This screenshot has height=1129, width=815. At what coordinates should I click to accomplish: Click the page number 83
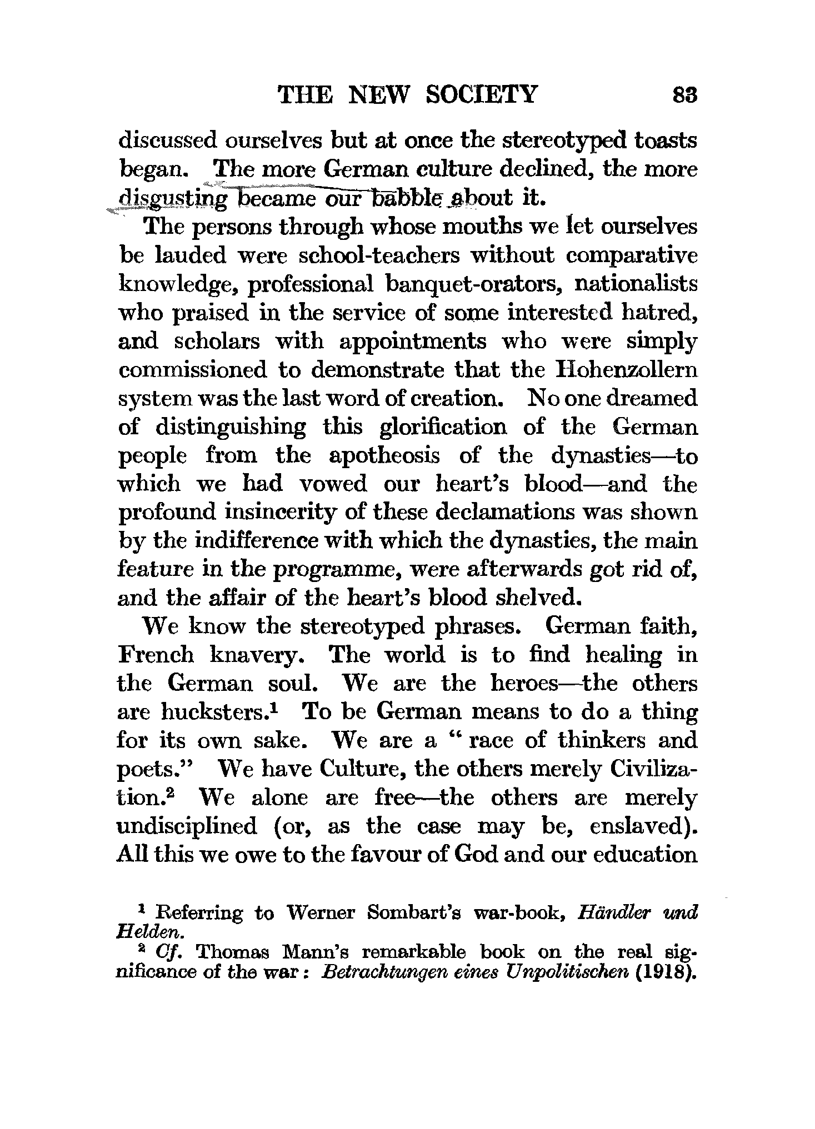[x=684, y=95]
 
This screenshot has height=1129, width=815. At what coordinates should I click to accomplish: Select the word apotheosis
[x=384, y=456]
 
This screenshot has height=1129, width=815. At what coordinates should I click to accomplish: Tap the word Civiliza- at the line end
[x=653, y=770]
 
